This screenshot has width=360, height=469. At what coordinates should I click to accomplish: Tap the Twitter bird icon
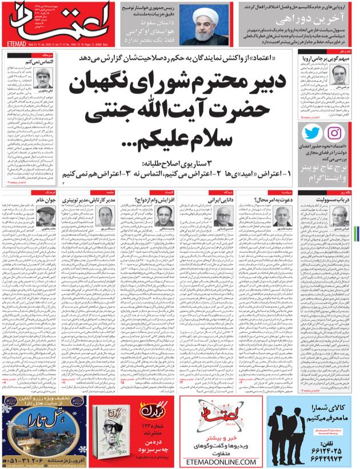pos(313,133)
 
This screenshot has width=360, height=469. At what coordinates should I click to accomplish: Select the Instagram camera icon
pos(336,133)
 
